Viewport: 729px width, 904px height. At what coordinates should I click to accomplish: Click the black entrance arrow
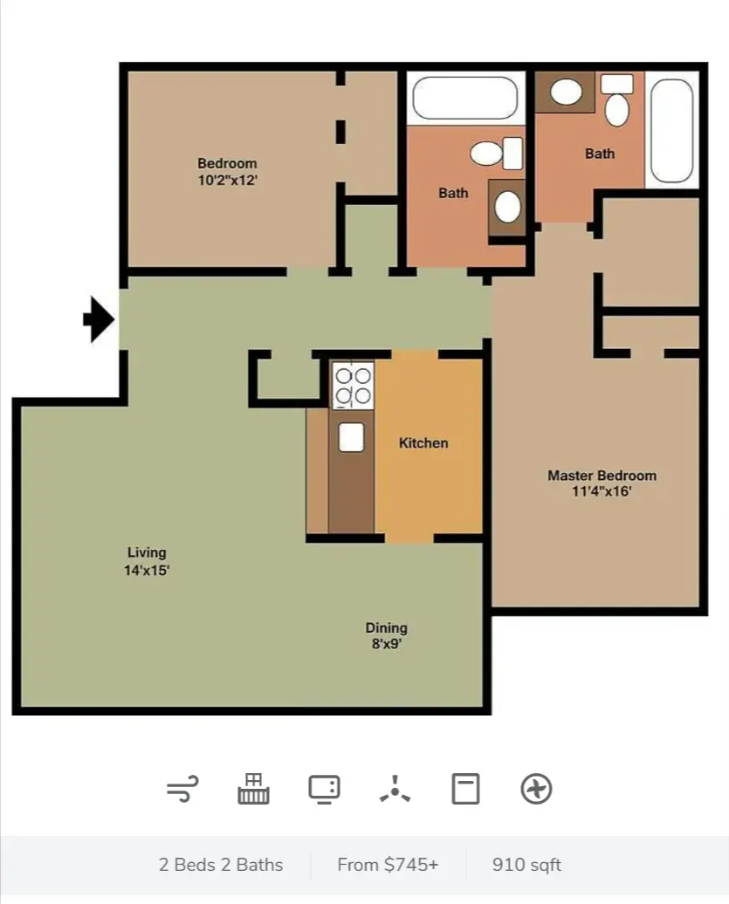click(x=100, y=318)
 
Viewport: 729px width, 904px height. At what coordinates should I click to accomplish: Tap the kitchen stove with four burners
click(x=353, y=386)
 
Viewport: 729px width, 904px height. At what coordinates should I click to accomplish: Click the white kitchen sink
click(x=351, y=437)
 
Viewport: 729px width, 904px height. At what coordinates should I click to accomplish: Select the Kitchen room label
click(x=423, y=442)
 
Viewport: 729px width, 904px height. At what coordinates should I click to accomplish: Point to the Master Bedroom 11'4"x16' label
click(x=602, y=483)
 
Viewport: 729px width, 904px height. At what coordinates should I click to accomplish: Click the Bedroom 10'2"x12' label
click(x=227, y=172)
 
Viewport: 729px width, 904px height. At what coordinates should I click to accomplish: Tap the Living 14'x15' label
click(x=147, y=561)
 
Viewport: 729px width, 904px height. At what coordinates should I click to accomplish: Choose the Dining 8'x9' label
click(x=386, y=635)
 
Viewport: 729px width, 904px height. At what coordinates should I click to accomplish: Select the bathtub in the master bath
click(x=671, y=130)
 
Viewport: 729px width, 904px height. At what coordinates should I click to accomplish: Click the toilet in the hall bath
click(x=496, y=154)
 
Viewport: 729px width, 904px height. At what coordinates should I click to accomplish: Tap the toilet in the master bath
click(x=616, y=100)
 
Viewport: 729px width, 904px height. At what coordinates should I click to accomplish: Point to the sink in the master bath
click(x=565, y=92)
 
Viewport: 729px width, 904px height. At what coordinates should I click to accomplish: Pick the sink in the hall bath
click(x=507, y=206)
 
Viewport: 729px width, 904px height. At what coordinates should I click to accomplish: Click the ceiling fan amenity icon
click(x=395, y=790)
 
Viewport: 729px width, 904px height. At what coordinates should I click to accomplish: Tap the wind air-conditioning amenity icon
click(x=182, y=790)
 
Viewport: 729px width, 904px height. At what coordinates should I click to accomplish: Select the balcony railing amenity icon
click(x=253, y=789)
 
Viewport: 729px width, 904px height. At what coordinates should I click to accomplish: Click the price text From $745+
click(x=388, y=865)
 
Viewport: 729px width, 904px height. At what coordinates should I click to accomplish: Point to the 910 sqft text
click(x=526, y=865)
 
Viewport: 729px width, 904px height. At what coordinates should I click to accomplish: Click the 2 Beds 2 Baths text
click(x=221, y=865)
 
